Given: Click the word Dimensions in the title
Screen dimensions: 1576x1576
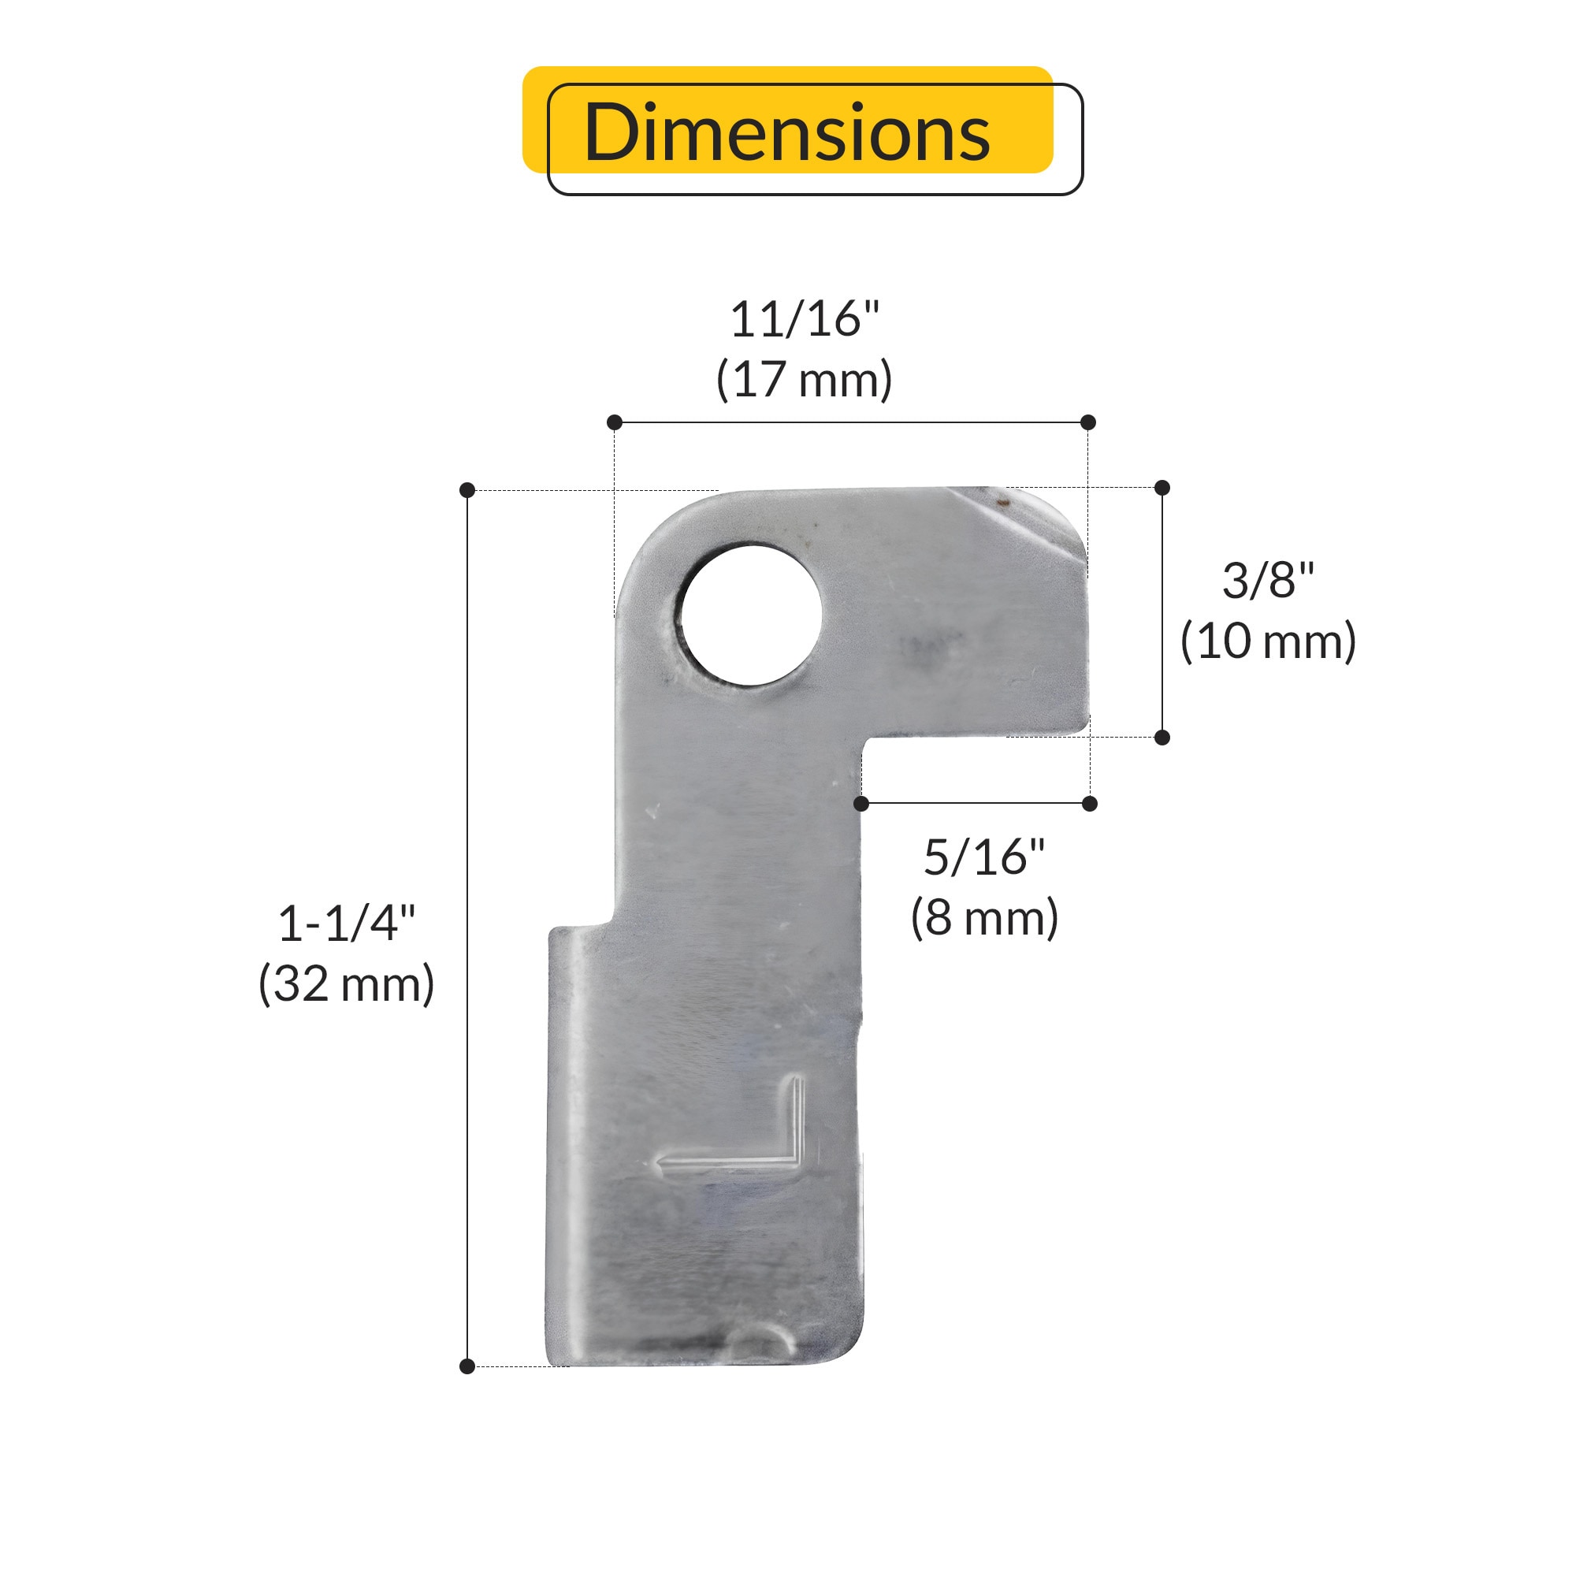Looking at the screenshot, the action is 787,132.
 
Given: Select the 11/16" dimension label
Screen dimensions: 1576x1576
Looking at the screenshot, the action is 805,319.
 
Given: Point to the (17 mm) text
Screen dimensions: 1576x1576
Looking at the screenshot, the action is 805,379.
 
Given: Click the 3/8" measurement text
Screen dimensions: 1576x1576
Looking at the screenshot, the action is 1269,581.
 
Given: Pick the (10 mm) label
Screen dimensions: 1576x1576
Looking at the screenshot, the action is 1269,641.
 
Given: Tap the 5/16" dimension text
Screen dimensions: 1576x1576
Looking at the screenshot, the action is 983,857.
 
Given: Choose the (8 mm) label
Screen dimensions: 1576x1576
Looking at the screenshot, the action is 983,918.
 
